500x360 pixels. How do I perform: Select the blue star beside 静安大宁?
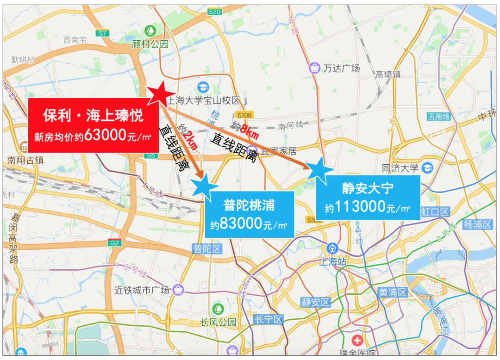pyautogui.click(x=319, y=169)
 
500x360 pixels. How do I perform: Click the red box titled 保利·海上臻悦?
pyautogui.click(x=93, y=125)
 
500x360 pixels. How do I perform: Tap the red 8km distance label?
pyautogui.click(x=249, y=131)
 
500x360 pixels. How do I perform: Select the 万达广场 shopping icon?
pyautogui.click(x=315, y=68)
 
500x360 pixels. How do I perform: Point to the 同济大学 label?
pyautogui.click(x=400, y=168)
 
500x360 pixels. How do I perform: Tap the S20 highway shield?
pyautogui.click(x=214, y=12)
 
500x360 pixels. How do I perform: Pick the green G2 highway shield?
pyautogui.click(x=114, y=242)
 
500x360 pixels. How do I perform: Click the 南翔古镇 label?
pyautogui.click(x=25, y=161)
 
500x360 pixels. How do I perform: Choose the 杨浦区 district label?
pyautogui.click(x=477, y=225)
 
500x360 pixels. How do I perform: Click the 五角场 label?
pyautogui.click(x=439, y=117)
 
